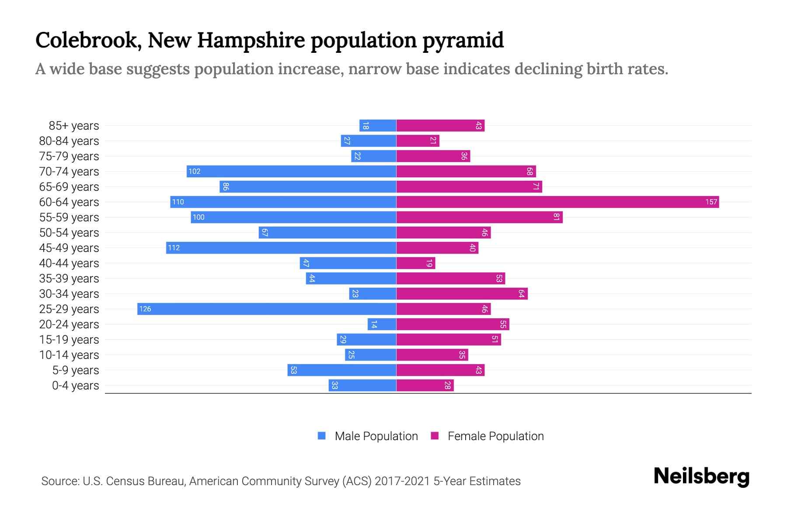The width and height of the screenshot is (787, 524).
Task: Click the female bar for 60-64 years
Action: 557,202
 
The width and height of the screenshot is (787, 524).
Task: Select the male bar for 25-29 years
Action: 267,309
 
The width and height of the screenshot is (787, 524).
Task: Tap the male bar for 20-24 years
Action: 382,324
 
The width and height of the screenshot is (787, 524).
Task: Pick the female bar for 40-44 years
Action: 415,263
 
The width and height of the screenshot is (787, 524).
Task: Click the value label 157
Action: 711,202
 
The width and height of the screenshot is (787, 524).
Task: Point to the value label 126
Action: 145,309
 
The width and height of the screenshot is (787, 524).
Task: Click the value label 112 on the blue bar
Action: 174,248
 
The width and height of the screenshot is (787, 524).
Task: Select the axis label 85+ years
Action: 74,126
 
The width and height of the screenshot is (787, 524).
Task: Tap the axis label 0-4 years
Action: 75,386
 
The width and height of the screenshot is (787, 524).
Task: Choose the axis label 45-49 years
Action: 69,248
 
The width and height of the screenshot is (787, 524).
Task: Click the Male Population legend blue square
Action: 322,436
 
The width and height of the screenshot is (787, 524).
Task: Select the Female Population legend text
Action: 495,436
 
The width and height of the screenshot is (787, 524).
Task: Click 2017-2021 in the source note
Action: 402,481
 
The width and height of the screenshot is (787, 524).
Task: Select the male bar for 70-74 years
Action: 291,171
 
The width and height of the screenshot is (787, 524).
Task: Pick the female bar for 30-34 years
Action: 462,293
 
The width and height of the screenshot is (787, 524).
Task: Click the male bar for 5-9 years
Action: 341,370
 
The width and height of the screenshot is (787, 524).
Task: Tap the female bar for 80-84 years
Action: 418,141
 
